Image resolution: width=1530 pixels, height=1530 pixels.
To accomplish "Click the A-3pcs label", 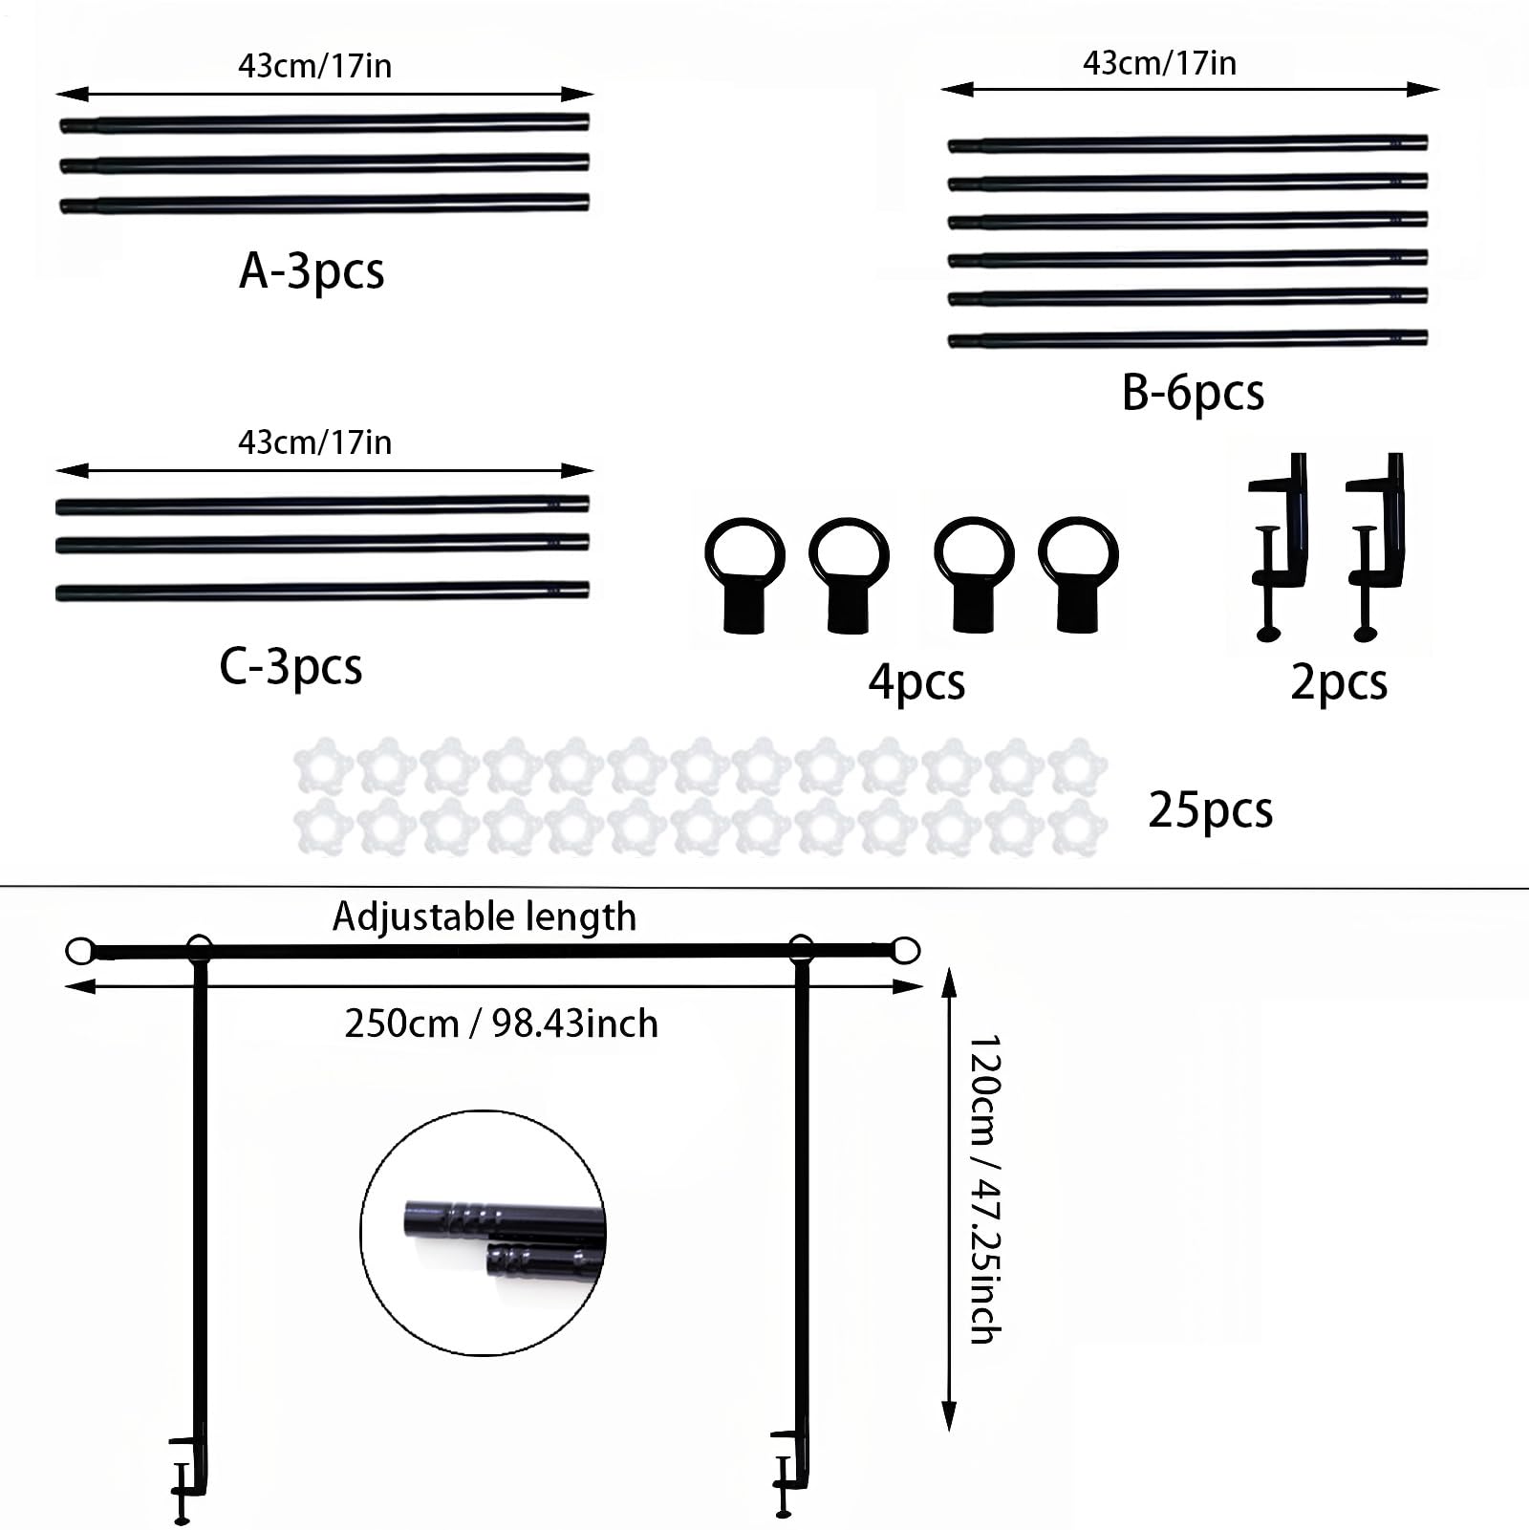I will click(x=312, y=270).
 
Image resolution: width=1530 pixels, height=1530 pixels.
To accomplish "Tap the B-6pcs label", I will click(x=1193, y=392).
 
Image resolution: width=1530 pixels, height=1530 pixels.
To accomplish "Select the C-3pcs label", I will click(x=291, y=666).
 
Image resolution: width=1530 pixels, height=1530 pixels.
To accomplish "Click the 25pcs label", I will click(x=1210, y=810).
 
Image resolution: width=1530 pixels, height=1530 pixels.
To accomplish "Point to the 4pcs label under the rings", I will click(x=916, y=682).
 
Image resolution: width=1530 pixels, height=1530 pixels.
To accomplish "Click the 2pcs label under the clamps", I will click(x=1338, y=682).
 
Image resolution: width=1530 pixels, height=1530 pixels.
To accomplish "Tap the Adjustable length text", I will click(x=484, y=917).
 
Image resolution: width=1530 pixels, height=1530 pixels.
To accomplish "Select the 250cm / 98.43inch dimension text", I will click(x=501, y=1024).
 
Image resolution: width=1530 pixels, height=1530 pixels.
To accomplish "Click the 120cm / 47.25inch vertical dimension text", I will click(x=985, y=1189).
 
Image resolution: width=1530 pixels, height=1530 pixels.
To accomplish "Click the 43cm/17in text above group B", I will click(x=1159, y=63).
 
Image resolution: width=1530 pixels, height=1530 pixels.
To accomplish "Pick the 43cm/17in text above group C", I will click(x=314, y=442).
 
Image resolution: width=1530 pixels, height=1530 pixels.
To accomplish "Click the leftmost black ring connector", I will click(x=744, y=574).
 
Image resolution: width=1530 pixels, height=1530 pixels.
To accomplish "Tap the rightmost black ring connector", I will click(x=1078, y=573).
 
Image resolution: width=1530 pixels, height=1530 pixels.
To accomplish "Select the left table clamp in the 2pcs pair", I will click(x=1279, y=545).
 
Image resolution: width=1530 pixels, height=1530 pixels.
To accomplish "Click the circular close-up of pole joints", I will click(x=484, y=1233).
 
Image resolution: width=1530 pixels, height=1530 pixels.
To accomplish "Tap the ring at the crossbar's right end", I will click(x=905, y=951).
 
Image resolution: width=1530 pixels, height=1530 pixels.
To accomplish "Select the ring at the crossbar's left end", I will click(x=80, y=951).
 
